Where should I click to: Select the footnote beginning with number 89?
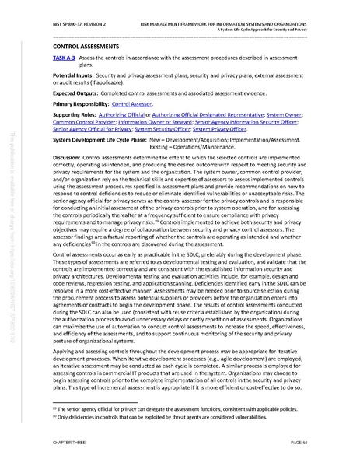tap(163, 408)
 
